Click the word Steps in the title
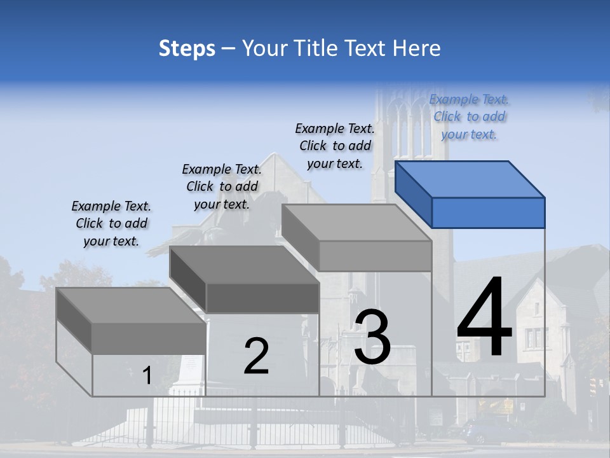tap(187, 48)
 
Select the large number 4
tap(484, 319)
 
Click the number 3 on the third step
tap(372, 337)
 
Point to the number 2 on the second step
tap(256, 356)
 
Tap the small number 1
tap(147, 376)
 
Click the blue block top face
tap(470, 179)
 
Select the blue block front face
tap(488, 212)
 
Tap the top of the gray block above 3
tap(356, 223)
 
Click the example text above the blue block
tap(469, 116)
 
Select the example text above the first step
tap(111, 223)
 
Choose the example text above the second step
tap(222, 186)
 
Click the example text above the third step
tap(335, 146)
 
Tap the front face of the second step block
tap(262, 298)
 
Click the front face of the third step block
tap(375, 256)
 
